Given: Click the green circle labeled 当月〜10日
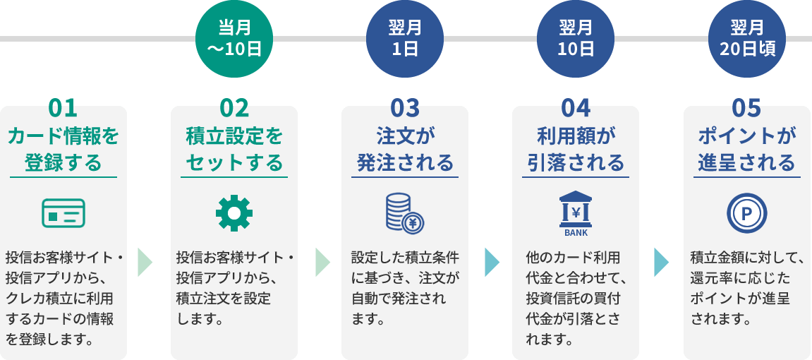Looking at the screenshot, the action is click(234, 39).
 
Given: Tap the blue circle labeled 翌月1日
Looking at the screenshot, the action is click(405, 39).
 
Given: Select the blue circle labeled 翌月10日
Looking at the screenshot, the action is click(576, 39).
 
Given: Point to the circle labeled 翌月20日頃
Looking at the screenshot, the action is click(747, 39).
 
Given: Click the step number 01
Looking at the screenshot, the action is click(63, 108).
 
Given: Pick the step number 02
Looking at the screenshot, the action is click(234, 108).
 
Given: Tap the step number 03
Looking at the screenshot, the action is click(405, 108).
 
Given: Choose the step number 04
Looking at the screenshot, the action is click(576, 108).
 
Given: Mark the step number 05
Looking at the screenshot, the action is click(747, 108).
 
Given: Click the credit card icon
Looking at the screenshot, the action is click(63, 213).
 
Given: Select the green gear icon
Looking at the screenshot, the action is click(234, 213).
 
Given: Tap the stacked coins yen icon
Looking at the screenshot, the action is click(405, 213).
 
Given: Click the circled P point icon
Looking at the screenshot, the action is click(747, 213).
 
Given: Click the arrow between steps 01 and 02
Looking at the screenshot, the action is click(145, 262).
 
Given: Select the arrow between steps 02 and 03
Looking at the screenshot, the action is click(322, 262).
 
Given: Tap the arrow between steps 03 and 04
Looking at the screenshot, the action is click(492, 262).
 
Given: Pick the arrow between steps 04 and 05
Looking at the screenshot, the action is click(661, 262).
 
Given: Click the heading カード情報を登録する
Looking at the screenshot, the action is click(63, 150).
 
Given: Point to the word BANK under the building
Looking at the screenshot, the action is click(576, 232).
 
